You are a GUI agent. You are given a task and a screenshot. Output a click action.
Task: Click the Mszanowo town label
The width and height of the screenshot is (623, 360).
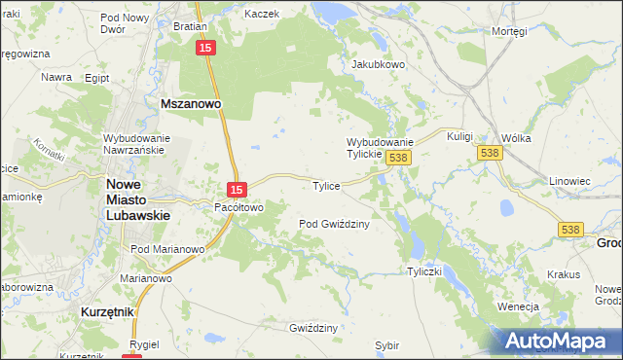(x=192, y=101)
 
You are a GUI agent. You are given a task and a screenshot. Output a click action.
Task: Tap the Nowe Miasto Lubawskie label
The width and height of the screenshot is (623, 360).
(x=137, y=198)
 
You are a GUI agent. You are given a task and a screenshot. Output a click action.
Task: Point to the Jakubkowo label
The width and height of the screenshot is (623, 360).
(x=378, y=65)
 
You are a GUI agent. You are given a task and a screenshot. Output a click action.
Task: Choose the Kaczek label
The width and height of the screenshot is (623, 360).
(x=262, y=15)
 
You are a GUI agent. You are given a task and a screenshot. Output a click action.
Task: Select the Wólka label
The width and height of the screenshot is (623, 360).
(x=516, y=138)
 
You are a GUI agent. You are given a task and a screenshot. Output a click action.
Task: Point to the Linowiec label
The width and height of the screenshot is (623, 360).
(x=570, y=181)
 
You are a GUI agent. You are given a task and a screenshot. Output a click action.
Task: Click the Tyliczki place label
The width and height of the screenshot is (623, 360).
(x=425, y=271)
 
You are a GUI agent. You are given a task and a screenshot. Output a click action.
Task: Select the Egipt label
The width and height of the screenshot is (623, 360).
(x=96, y=77)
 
